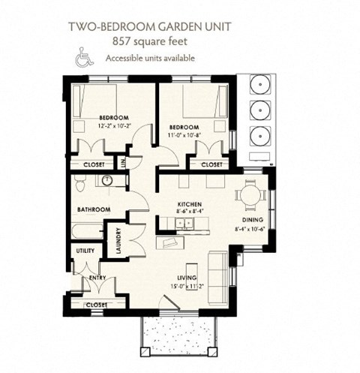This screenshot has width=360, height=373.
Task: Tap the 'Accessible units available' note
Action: (x=149, y=59)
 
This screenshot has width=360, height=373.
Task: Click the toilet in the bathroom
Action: (x=81, y=181)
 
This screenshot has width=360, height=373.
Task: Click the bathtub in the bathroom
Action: (x=88, y=230)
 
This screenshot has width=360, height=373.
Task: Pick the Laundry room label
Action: (x=118, y=243)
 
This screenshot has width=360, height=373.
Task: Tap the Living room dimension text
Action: (x=183, y=286)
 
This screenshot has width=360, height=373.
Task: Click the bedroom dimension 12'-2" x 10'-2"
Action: (x=114, y=126)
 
